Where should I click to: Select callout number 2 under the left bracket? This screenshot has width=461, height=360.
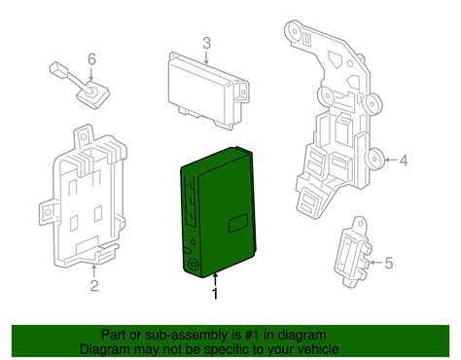tap(94, 286)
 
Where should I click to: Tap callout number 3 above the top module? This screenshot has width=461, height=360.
tap(207, 43)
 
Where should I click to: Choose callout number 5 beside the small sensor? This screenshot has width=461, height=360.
tap(387, 261)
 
